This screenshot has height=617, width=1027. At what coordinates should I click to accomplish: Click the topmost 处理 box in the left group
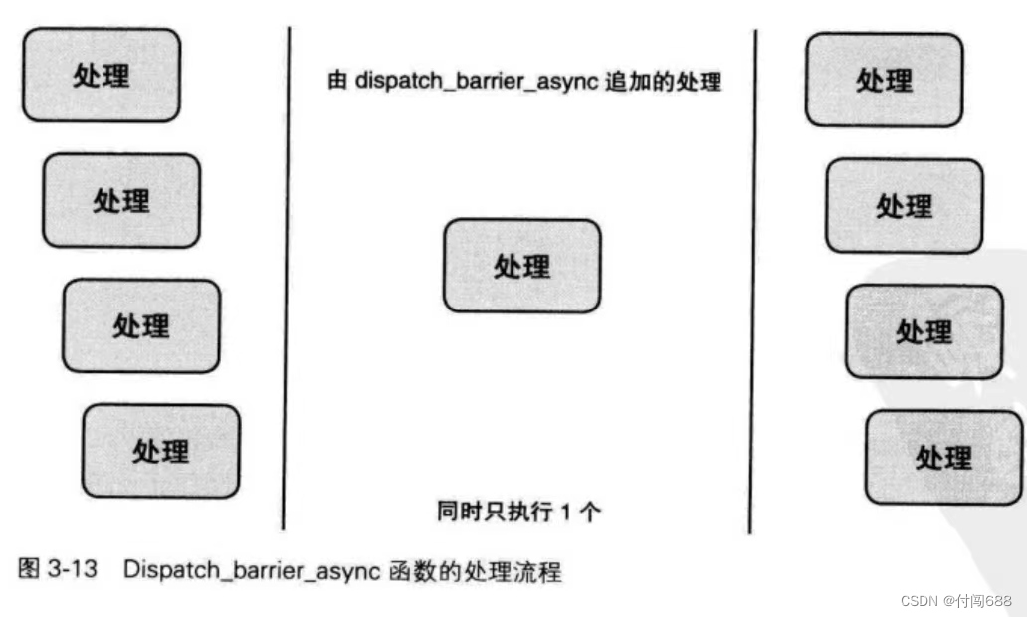[102, 75]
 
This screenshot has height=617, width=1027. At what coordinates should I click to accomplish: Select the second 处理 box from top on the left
[121, 200]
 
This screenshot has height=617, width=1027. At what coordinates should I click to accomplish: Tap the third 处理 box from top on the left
[141, 325]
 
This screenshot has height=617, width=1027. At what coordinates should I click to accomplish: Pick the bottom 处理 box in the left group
[161, 451]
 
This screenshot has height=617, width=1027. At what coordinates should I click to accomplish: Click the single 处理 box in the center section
[521, 266]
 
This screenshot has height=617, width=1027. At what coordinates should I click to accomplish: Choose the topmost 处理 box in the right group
[884, 80]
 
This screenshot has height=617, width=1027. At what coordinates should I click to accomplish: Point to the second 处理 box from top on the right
[904, 206]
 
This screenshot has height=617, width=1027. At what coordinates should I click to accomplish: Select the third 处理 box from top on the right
[924, 331]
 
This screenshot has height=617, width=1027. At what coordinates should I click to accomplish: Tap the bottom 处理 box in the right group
[943, 457]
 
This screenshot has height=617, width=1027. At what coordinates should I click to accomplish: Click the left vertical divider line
[287, 279]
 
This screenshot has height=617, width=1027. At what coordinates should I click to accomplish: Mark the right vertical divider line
[753, 279]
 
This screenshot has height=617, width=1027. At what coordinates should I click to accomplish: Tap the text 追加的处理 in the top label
[663, 81]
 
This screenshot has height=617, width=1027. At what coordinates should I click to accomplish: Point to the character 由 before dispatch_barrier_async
[337, 81]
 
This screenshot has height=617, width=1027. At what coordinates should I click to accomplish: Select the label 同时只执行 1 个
[518, 512]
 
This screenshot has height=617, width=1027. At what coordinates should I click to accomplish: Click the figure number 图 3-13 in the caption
[59, 572]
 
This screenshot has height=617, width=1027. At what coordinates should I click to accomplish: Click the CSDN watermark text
[920, 601]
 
